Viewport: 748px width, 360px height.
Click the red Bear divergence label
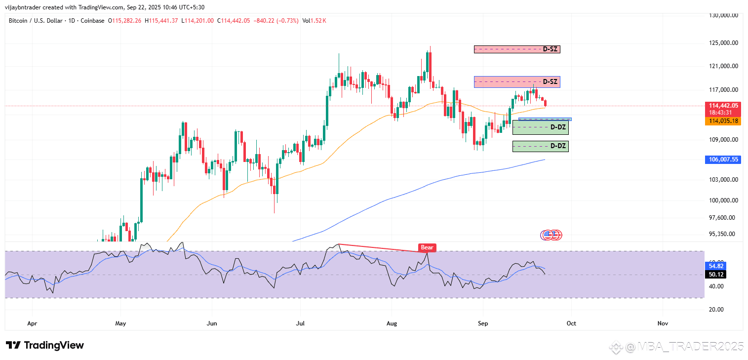pyautogui.click(x=427, y=247)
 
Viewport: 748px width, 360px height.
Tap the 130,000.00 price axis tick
pyautogui.click(x=723, y=15)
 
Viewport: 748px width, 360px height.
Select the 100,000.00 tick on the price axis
pyautogui.click(x=723, y=200)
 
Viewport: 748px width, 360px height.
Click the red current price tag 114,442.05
pyautogui.click(x=724, y=106)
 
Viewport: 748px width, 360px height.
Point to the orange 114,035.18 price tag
pyautogui.click(x=724, y=121)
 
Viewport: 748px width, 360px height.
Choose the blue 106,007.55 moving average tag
pyautogui.click(x=724, y=160)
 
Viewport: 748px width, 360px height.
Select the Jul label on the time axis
pyautogui.click(x=300, y=323)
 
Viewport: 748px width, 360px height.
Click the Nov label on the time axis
pyautogui.click(x=663, y=323)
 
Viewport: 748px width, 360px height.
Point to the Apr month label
pyautogui.click(x=32, y=323)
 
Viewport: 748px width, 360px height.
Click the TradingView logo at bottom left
pyautogui.click(x=45, y=345)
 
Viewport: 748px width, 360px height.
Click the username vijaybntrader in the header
pyautogui.click(x=25, y=7)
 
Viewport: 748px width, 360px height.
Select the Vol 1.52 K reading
pyautogui.click(x=314, y=21)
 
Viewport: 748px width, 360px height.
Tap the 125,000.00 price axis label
pyautogui.click(x=723, y=43)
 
